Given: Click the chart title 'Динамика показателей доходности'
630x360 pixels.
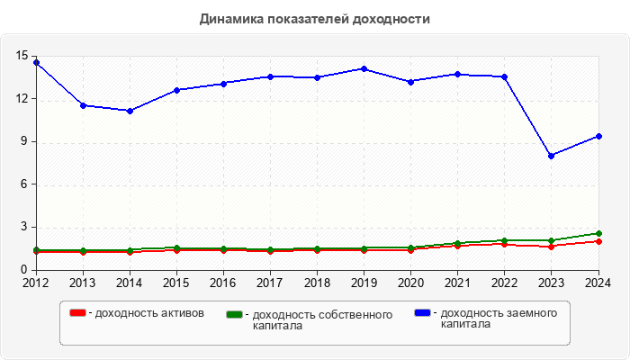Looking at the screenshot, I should click(314, 18).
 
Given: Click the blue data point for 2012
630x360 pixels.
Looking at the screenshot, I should click(36, 62).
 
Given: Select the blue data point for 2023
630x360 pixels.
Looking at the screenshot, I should click(551, 156).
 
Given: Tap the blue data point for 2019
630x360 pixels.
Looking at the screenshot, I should click(364, 68).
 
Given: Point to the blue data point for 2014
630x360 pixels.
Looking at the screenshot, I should click(130, 111).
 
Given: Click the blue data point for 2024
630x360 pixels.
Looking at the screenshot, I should click(598, 136).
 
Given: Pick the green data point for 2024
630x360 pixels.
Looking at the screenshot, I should click(598, 233).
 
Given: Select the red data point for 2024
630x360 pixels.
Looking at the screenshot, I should click(598, 241).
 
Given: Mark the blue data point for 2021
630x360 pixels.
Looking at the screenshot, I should click(457, 74).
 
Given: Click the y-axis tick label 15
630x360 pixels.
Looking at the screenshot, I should click(22, 56).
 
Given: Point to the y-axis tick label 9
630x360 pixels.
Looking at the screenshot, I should click(25, 141).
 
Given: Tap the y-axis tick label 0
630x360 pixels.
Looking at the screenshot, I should click(25, 270).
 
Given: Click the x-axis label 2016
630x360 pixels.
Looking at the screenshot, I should click(223, 283).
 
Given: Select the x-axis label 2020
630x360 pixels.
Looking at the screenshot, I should click(410, 283).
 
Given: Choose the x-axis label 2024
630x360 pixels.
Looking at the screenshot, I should click(598, 283).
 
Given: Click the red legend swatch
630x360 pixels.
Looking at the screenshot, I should click(78, 312).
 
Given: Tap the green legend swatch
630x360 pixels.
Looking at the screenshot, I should click(235, 314).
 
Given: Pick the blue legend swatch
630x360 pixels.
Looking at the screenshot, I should click(422, 312).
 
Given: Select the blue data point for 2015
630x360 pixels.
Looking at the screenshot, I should click(176, 90).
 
